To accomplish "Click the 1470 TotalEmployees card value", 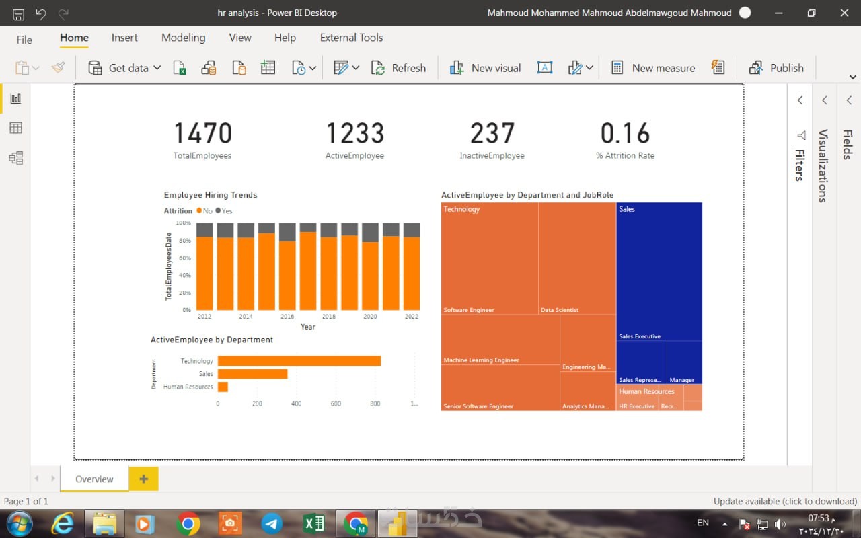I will (202, 133).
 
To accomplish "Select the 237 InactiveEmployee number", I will (492, 133).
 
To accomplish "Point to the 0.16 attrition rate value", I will (625, 133).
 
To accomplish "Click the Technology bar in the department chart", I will (299, 361).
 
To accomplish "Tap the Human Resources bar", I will (223, 387).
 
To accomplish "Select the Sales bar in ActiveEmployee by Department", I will (252, 374).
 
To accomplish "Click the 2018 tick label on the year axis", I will (328, 317).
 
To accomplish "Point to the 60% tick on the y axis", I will (184, 258).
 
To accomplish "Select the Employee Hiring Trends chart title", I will (211, 195).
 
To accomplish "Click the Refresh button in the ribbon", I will (400, 68).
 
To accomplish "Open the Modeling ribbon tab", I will (183, 38).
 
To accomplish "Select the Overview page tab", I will (94, 479).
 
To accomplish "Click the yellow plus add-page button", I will (143, 479).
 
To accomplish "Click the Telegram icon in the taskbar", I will (272, 523).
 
